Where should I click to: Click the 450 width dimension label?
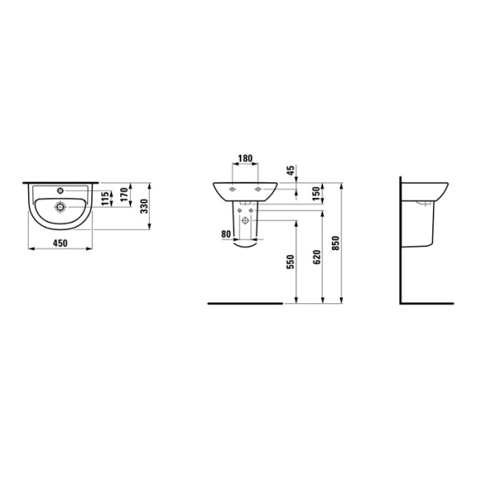coord(60,243)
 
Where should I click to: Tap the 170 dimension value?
coord(123,193)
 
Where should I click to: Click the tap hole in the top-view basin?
coord(61,192)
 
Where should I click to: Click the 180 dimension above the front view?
coord(245,159)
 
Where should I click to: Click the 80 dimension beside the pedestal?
coord(225,235)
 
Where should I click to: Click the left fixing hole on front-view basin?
coord(232,188)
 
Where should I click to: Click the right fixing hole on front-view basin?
coord(257,188)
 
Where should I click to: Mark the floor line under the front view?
coord(245,304)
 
